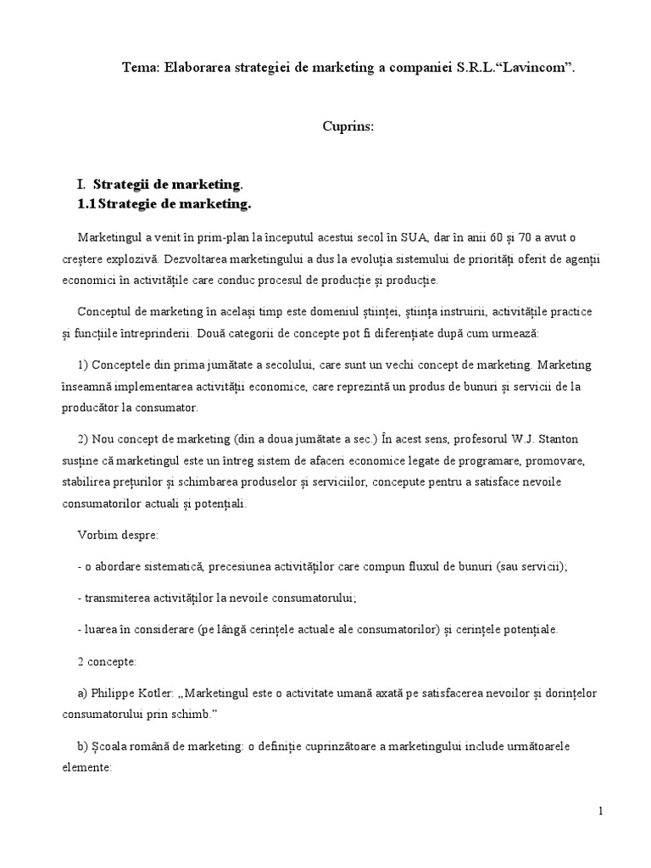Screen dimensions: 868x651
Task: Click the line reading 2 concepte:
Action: click(x=104, y=661)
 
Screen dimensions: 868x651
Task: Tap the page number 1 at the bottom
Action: click(x=601, y=810)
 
